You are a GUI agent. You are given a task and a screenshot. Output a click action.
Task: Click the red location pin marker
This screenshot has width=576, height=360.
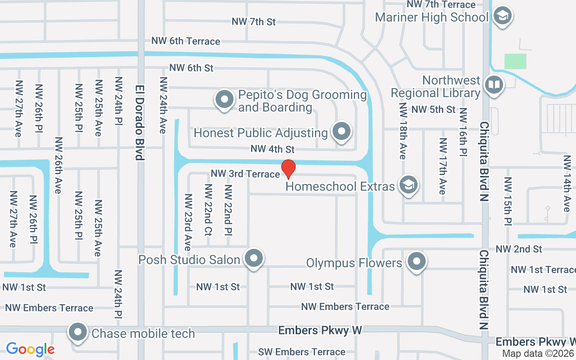click(x=288, y=169)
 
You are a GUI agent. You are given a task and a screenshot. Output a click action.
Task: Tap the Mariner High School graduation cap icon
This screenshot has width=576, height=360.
click(x=502, y=16)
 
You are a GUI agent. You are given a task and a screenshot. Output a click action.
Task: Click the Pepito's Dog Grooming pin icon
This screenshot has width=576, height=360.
click(x=225, y=99)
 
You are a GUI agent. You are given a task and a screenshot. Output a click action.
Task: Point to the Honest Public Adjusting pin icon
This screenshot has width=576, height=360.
click(x=342, y=131)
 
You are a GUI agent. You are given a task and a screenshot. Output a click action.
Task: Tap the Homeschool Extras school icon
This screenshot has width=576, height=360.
click(x=409, y=184)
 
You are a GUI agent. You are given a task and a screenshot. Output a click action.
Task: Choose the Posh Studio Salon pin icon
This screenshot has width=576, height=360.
click(x=254, y=259)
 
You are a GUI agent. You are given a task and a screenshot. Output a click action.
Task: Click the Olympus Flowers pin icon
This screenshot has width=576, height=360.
click(x=416, y=261)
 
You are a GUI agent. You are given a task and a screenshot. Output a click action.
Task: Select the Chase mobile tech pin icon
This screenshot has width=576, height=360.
click(x=77, y=333)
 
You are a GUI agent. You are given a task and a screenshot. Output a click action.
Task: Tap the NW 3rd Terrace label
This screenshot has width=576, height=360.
click(x=245, y=174)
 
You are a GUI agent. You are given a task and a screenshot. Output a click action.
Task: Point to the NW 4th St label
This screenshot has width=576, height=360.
click(x=273, y=149)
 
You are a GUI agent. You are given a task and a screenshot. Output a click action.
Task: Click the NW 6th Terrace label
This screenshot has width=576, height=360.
click(x=186, y=41)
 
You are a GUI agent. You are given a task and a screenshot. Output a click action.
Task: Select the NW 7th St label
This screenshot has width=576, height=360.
click(x=254, y=22)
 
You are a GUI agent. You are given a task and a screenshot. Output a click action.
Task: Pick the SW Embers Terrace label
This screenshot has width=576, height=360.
click(x=302, y=352)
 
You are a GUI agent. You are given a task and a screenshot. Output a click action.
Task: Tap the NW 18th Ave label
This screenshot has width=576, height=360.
click(x=402, y=131)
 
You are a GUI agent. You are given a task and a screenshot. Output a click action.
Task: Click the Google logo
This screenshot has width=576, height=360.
click(x=30, y=349)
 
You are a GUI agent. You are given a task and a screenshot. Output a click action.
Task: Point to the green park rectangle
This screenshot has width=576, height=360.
click(x=515, y=61)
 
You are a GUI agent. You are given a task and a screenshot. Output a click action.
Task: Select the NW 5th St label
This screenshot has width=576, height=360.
click(x=433, y=109)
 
